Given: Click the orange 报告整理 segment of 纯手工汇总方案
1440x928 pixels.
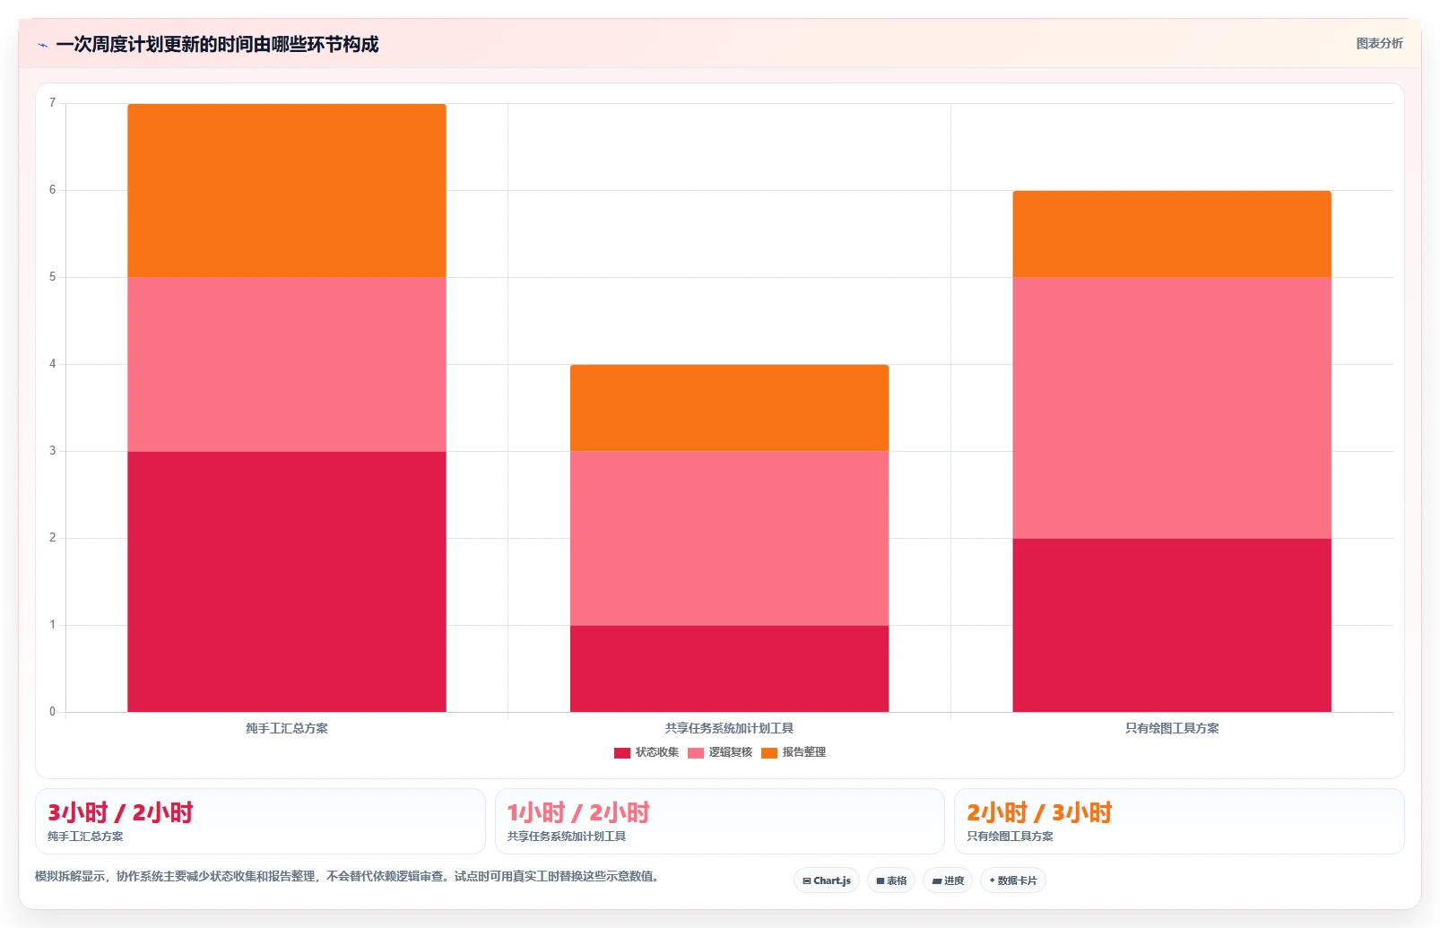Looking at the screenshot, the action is click(x=287, y=190).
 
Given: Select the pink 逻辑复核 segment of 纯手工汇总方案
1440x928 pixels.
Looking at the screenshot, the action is click(x=287, y=364).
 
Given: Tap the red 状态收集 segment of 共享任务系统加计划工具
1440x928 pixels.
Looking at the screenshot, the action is click(x=729, y=668).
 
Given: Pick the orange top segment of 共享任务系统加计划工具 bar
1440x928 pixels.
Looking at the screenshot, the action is click(x=729, y=408).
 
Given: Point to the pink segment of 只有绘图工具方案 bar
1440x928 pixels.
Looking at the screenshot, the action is click(x=1172, y=408).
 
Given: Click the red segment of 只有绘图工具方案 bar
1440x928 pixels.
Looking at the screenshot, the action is click(x=1172, y=625).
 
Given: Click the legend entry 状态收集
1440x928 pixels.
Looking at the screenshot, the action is click(x=646, y=752).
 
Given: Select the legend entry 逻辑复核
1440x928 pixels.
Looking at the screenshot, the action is click(x=720, y=752).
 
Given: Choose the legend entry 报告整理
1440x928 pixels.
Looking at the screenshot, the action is click(x=794, y=752).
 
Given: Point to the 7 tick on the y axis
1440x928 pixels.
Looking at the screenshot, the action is click(x=53, y=103).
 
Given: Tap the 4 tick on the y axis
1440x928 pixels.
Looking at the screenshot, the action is click(x=53, y=364).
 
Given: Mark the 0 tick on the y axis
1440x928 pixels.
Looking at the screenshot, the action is click(x=53, y=711).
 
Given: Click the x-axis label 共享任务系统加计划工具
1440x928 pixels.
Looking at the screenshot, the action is click(x=729, y=728).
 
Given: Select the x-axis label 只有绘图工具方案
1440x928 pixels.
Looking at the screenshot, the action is click(x=1172, y=728).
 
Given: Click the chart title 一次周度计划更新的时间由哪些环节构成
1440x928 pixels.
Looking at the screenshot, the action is click(x=217, y=44).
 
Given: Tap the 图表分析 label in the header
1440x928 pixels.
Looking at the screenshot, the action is click(x=1380, y=44).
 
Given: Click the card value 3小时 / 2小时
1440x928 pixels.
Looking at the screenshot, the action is click(x=120, y=813).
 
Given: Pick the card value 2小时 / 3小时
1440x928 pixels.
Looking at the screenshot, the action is click(x=1039, y=813).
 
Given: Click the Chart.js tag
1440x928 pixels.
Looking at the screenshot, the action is click(x=827, y=880).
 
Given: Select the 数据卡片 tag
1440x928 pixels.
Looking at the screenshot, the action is click(x=1013, y=880).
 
